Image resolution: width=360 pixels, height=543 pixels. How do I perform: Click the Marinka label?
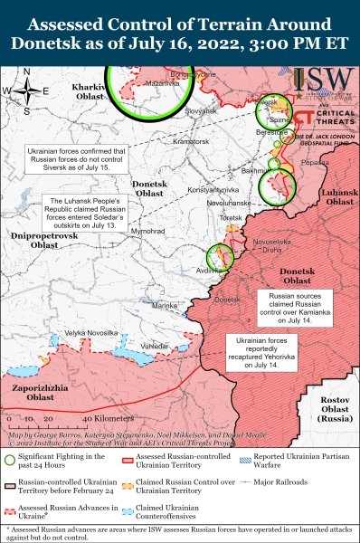point(165,306)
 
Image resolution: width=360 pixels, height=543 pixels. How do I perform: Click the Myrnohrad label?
point(146,232)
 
